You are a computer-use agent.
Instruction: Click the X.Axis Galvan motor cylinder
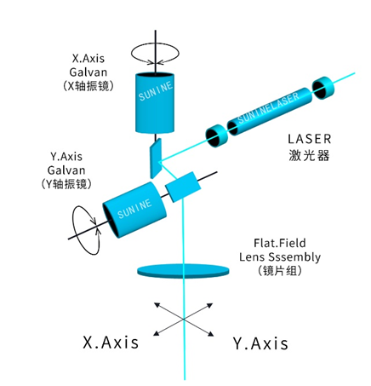[x=155, y=103]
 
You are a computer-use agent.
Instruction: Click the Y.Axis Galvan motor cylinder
[x=134, y=210]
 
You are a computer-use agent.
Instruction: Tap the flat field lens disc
[x=183, y=271]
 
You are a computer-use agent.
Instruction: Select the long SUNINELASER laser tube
[x=270, y=112]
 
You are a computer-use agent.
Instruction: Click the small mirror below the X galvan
[x=156, y=158]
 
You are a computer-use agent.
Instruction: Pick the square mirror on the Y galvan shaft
[x=183, y=187]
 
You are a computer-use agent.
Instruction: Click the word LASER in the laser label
[x=310, y=139]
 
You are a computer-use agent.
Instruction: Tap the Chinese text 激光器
[x=309, y=155]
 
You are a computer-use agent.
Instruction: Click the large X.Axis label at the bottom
[x=111, y=342]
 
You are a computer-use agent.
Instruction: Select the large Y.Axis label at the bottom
[x=260, y=343]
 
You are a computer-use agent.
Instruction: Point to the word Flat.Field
[x=280, y=243]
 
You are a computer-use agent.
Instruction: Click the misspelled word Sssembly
[x=294, y=257]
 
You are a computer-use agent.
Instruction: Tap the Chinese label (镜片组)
[x=280, y=270]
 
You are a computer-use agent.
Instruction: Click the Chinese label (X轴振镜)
[x=88, y=85]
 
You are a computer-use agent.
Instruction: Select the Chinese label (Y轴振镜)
[x=66, y=184]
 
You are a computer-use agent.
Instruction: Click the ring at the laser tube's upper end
[x=323, y=88]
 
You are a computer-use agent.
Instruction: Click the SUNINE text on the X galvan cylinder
[x=156, y=91]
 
